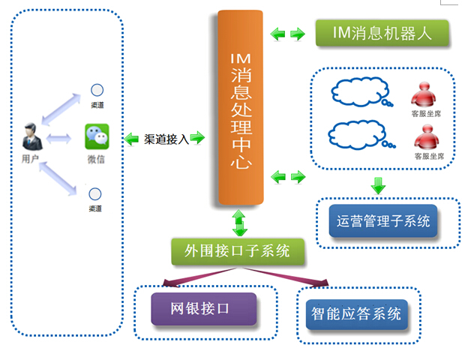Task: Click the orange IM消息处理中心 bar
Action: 241,109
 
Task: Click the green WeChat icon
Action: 96,136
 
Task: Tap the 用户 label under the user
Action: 31,159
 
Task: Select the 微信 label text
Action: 96,160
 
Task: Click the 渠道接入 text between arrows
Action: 165,138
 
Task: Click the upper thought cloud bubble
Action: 358,93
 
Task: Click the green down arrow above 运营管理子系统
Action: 379,184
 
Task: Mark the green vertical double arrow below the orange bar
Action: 240,223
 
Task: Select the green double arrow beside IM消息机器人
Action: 288,34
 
